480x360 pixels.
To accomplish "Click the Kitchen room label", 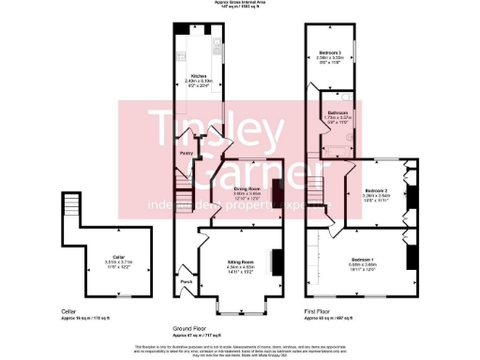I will pyautogui.click(x=199, y=76).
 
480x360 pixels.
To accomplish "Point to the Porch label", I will pyautogui.click(x=185, y=282).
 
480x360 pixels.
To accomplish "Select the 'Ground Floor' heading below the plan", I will pyautogui.click(x=189, y=329).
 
